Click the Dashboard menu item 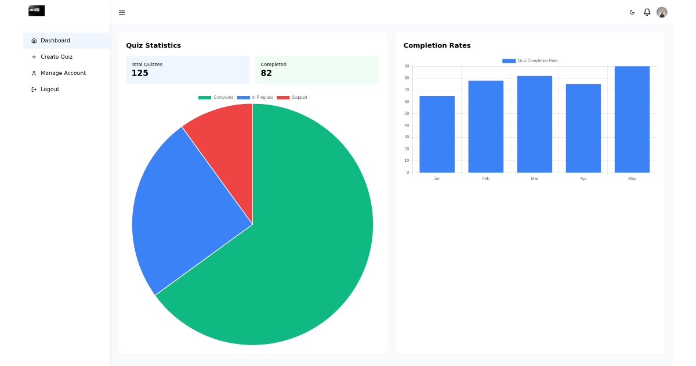pyautogui.click(x=55, y=41)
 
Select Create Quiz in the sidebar pyautogui.click(x=56, y=57)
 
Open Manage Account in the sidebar pyautogui.click(x=63, y=73)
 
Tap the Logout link pyautogui.click(x=49, y=89)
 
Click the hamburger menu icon pyautogui.click(x=122, y=12)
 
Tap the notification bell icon pyautogui.click(x=647, y=12)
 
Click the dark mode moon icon pyautogui.click(x=632, y=12)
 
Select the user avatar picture pyautogui.click(x=662, y=12)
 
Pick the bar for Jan pyautogui.click(x=437, y=134)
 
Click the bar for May pyautogui.click(x=632, y=119)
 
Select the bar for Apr pyautogui.click(x=583, y=128)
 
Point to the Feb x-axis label pyautogui.click(x=485, y=179)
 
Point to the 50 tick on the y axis pyautogui.click(x=407, y=113)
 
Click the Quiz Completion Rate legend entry pyautogui.click(x=530, y=61)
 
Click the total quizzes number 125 pyautogui.click(x=140, y=73)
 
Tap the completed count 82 pyautogui.click(x=266, y=73)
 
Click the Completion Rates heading pyautogui.click(x=437, y=45)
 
